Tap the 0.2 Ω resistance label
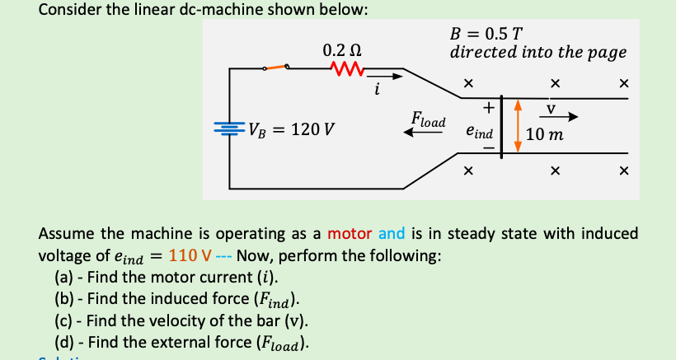coord(340,49)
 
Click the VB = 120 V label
coord(289,131)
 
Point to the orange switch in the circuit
coord(276,68)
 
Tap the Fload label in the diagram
coord(429,119)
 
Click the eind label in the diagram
coord(479,132)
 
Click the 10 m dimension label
coord(543,133)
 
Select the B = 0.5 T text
coord(486,35)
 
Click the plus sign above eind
coord(488,105)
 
